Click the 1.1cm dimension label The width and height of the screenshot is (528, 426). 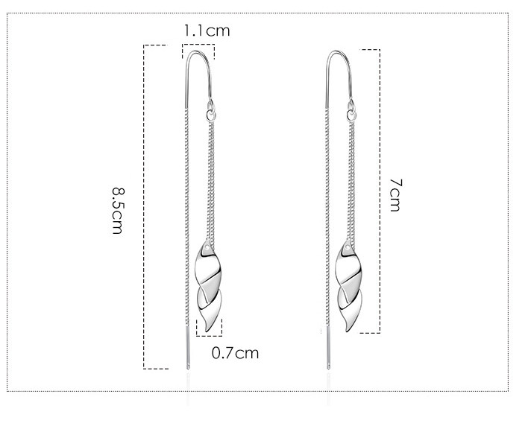[207, 31]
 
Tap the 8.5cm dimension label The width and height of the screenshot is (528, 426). [118, 211]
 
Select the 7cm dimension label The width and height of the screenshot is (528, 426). [396, 195]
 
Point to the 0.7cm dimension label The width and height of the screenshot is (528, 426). [236, 353]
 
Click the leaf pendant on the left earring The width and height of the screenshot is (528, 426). [208, 284]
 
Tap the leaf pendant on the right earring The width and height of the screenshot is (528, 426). [348, 285]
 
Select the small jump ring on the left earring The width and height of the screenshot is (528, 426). [211, 116]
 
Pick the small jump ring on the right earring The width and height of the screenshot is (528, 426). [351, 116]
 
